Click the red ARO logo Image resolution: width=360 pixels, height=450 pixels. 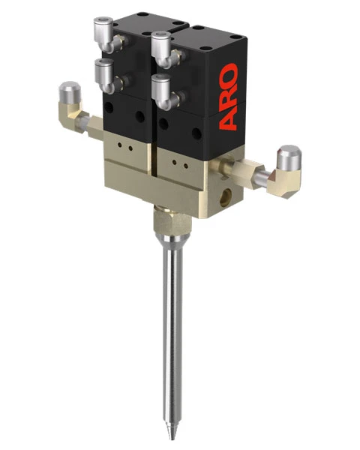(x=229, y=96)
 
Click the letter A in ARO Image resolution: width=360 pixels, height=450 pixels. (x=229, y=118)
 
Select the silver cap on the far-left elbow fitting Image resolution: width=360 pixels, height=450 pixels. (x=67, y=92)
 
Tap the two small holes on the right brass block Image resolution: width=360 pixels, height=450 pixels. (x=178, y=160)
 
